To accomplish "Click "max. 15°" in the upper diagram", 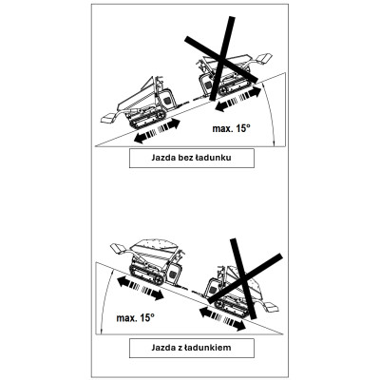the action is pyautogui.click(x=231, y=128).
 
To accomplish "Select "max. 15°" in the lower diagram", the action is pyautogui.click(x=136, y=317).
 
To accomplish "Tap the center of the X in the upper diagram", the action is pyautogui.click(x=222, y=58).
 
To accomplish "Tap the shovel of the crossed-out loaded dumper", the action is pyautogui.click(x=270, y=307).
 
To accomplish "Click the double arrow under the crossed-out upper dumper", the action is pyautogui.click(x=237, y=99).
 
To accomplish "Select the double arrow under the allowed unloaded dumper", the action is pyautogui.click(x=157, y=131).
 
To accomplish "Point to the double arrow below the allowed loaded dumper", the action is pyautogui.click(x=139, y=288).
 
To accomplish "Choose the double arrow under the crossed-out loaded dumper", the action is pyautogui.click(x=222, y=319).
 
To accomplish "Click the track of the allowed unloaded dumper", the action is pyautogui.click(x=146, y=118).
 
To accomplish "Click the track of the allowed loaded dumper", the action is pyautogui.click(x=146, y=274).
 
